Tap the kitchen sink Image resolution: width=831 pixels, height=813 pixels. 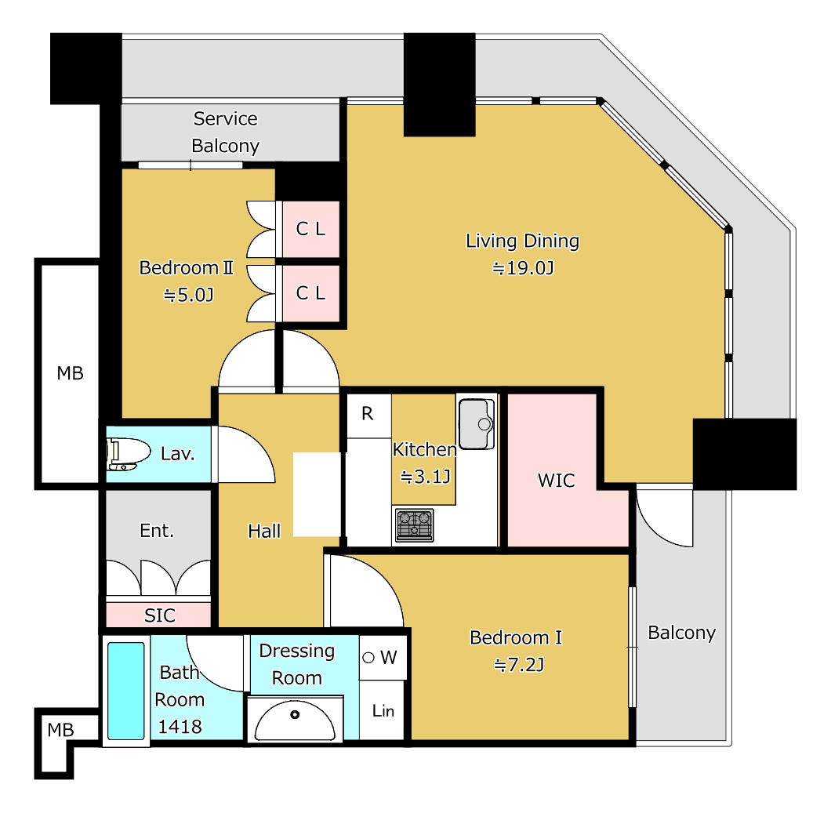[477, 423]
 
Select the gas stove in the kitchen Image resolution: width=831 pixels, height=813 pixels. [415, 524]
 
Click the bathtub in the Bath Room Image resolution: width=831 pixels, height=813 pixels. [126, 691]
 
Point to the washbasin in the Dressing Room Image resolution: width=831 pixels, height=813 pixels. [296, 720]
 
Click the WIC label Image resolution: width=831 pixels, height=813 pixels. [556, 480]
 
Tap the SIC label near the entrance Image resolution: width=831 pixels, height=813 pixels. [159, 615]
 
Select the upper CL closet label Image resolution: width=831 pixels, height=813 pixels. [310, 229]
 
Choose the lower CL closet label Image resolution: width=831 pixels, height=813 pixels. [310, 292]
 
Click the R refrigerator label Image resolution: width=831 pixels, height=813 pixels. [367, 413]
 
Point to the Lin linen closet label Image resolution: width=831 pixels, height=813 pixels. [383, 711]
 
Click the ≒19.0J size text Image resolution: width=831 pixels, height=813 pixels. [523, 268]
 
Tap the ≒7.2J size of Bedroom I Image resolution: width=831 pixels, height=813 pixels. [519, 665]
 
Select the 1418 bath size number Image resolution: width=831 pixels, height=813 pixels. [180, 727]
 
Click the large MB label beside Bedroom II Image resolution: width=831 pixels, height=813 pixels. [70, 373]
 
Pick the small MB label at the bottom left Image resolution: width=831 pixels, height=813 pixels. [60, 730]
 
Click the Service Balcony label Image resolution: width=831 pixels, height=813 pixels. [226, 132]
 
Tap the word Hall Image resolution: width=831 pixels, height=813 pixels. [264, 531]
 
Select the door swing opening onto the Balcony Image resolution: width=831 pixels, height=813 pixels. [665, 517]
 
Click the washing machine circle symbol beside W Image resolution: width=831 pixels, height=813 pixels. [369, 658]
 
